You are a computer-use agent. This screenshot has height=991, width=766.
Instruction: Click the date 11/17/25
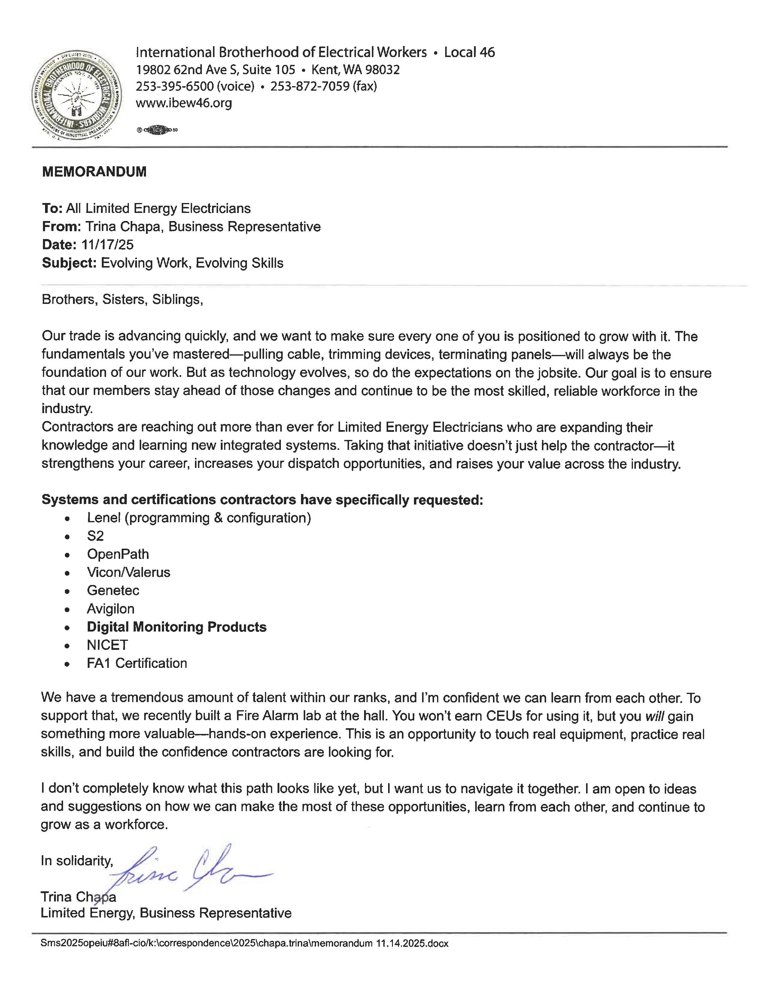coord(108,245)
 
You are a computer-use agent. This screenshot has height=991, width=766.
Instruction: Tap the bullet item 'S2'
coord(95,536)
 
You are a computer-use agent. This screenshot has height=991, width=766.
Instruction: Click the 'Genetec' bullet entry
coord(113,591)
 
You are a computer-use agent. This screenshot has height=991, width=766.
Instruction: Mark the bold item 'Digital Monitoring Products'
coord(177,627)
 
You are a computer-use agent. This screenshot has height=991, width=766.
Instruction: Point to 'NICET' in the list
coord(108,645)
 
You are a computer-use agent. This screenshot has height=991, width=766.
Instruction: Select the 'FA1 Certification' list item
coord(137,663)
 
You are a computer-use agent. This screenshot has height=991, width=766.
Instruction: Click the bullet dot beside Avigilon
coord(67,609)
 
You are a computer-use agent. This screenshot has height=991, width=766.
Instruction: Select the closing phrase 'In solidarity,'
coord(77,861)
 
